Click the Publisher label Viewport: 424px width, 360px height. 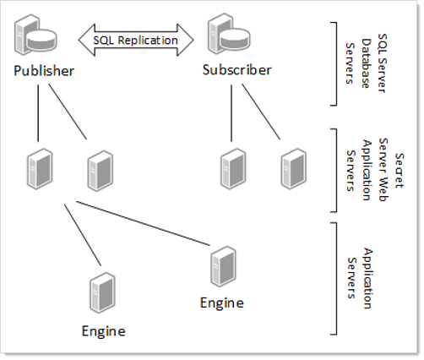click(44, 70)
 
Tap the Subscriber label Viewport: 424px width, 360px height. click(237, 70)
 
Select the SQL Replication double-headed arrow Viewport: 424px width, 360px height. click(136, 40)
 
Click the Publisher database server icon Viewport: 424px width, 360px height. click(35, 35)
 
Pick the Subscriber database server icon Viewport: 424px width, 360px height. click(229, 34)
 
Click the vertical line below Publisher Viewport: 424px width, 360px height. click(38, 113)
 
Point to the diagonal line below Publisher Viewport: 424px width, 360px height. click(68, 112)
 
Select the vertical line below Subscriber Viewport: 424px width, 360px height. click(231, 113)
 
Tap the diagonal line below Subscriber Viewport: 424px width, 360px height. click(261, 112)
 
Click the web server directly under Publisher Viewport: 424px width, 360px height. click(40, 169)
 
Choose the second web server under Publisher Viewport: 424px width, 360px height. click(101, 171)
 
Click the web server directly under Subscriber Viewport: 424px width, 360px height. click(233, 169)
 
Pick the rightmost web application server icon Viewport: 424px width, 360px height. click(293, 169)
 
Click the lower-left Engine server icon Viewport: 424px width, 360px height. click(102, 292)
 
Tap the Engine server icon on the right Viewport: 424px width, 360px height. click(223, 266)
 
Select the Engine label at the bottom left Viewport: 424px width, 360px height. click(103, 331)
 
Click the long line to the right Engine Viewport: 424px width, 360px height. click(143, 223)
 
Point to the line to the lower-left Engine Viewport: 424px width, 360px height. click(83, 235)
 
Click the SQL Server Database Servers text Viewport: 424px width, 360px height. click(366, 63)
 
